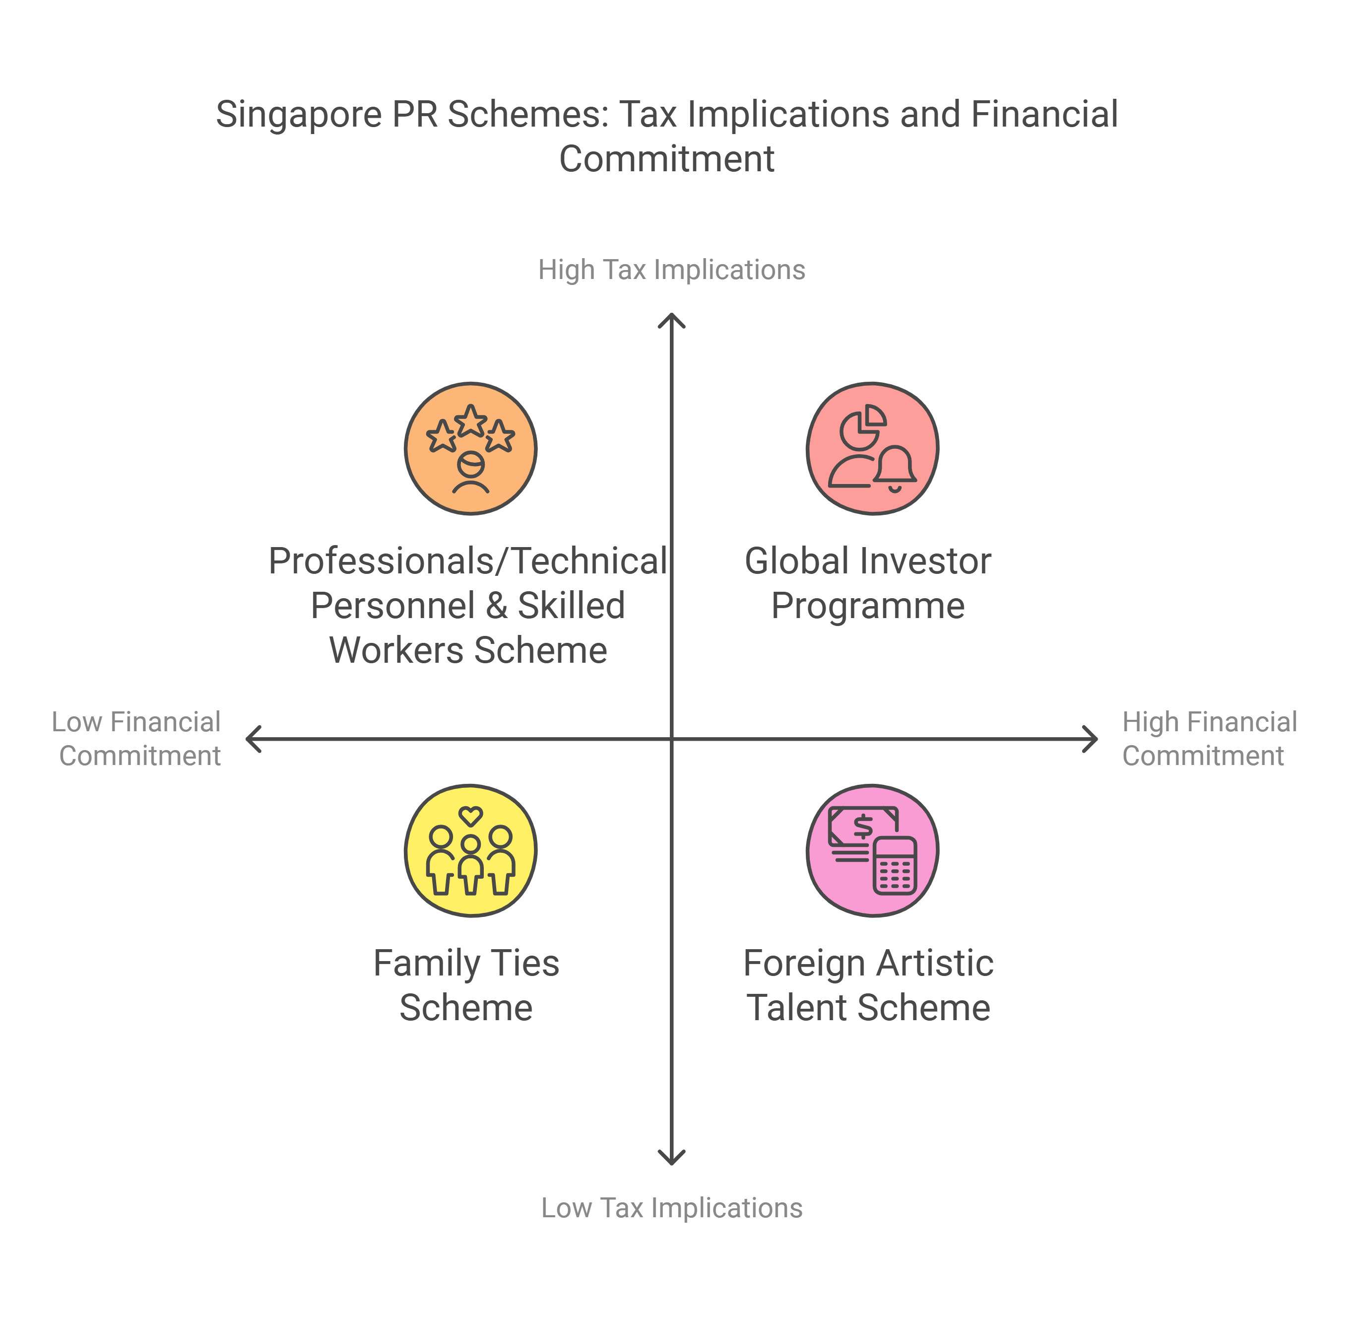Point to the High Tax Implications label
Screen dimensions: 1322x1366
(x=671, y=270)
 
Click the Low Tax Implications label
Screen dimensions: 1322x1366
(x=671, y=1208)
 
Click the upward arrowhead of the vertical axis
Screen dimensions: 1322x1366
(x=671, y=319)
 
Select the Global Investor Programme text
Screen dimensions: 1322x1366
(x=868, y=583)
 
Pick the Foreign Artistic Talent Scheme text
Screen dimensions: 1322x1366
(x=868, y=985)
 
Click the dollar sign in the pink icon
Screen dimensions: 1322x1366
(x=863, y=826)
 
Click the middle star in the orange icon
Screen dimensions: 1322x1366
(x=471, y=420)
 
